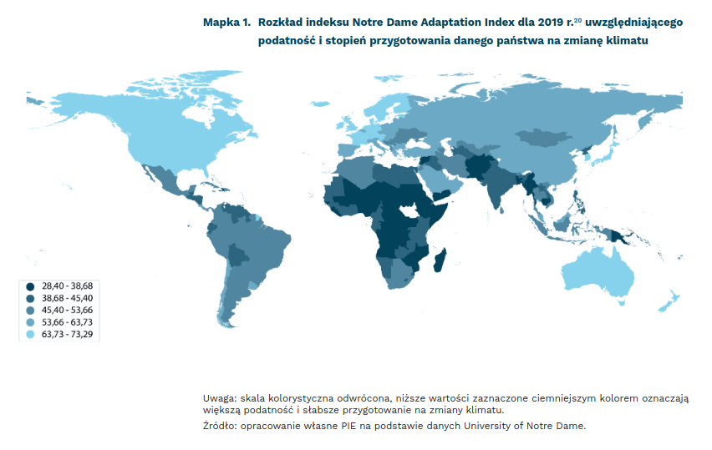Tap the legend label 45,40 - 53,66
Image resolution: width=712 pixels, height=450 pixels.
coord(69,310)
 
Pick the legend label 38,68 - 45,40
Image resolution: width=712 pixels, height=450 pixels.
coord(69,297)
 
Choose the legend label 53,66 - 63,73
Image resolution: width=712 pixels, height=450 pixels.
coord(69,321)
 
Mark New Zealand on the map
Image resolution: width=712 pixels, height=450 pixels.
coord(669,301)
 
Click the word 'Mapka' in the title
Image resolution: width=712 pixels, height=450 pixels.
coord(221,23)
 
